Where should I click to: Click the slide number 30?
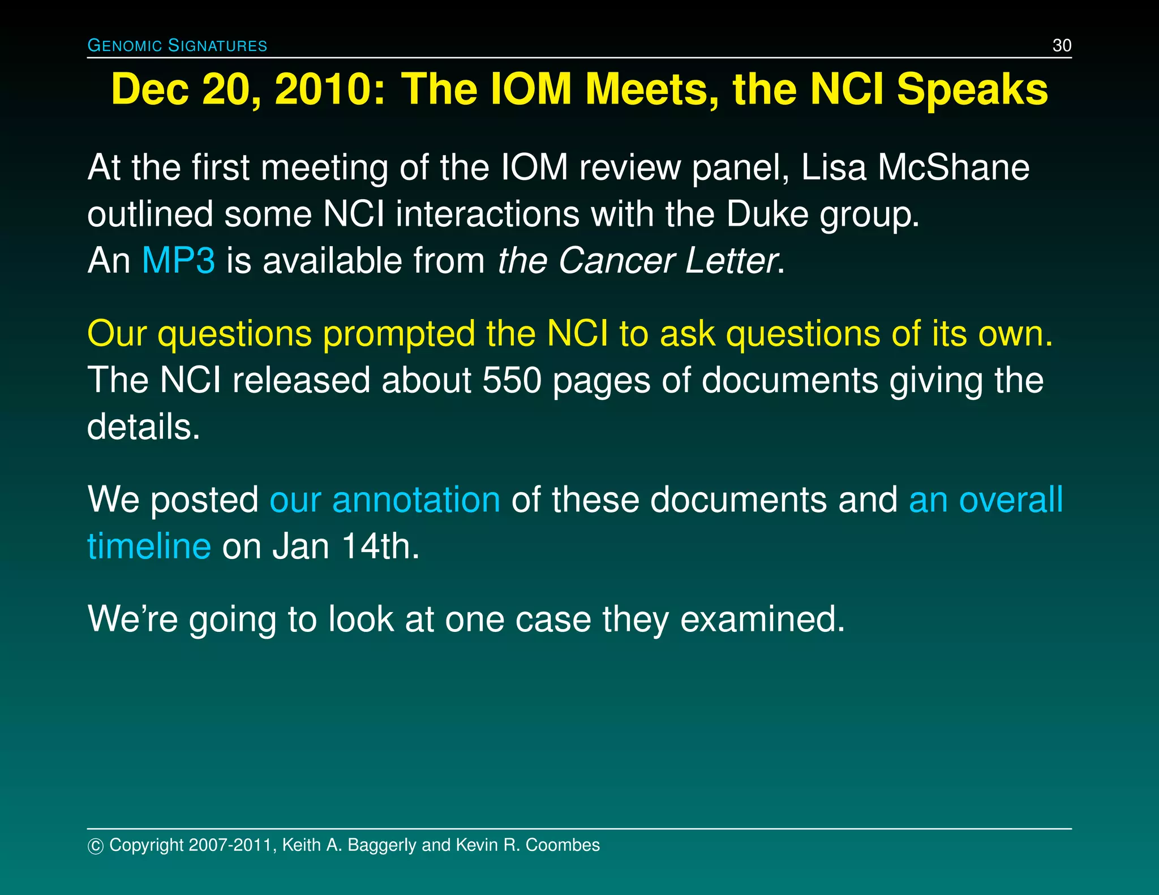point(1062,45)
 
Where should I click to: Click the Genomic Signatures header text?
point(177,45)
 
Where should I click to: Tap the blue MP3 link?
point(178,261)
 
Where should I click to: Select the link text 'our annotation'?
point(385,500)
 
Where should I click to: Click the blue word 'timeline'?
point(149,547)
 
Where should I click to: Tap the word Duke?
point(767,214)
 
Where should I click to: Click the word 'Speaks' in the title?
point(972,89)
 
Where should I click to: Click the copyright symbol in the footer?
point(95,846)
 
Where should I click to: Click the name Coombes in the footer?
point(563,845)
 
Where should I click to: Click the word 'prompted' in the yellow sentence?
point(398,333)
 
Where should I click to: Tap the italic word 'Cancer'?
point(616,261)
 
